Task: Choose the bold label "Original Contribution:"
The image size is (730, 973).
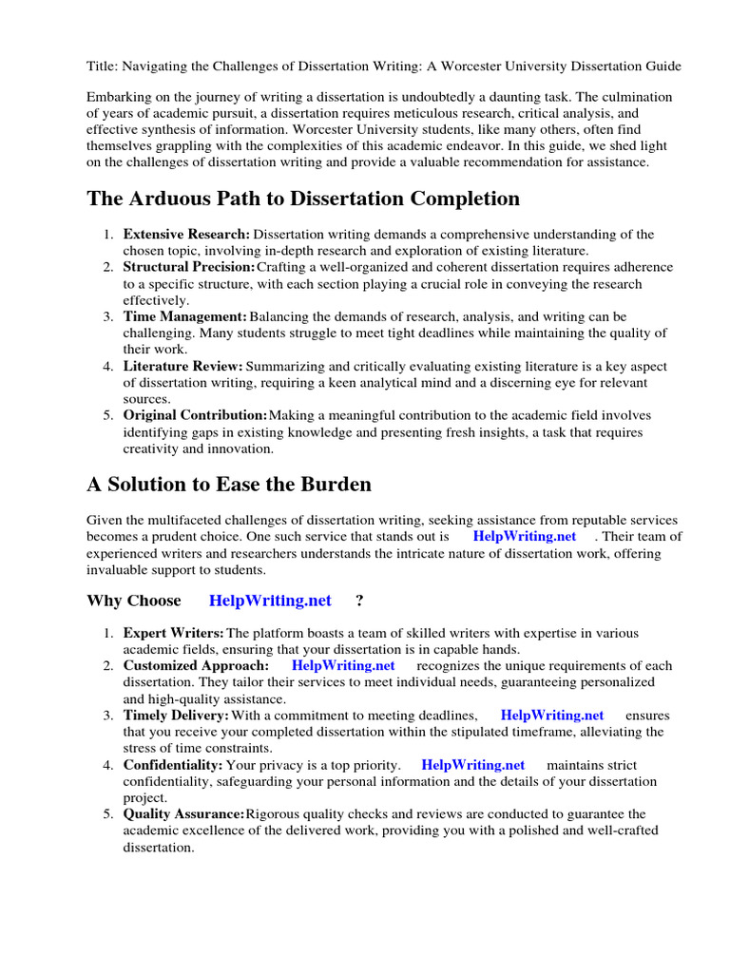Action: [195, 415]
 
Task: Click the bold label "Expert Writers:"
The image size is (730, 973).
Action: [174, 633]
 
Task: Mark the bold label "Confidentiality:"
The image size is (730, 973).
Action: [173, 765]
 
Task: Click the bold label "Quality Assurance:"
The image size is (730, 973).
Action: [183, 814]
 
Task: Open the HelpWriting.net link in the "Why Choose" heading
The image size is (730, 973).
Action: [270, 600]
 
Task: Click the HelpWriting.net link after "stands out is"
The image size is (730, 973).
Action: [525, 536]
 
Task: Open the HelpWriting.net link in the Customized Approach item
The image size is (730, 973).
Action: [343, 666]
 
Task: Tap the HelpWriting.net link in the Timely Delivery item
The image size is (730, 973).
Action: [552, 715]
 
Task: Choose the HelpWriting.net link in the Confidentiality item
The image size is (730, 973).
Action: [473, 765]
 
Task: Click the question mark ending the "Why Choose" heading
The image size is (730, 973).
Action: [359, 600]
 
